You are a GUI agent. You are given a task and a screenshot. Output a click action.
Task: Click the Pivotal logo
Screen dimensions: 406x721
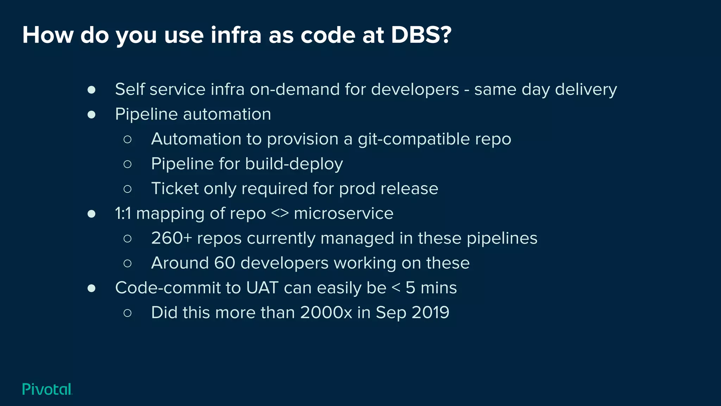tap(47, 389)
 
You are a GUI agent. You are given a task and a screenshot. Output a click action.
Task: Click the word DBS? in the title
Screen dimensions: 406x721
tap(421, 35)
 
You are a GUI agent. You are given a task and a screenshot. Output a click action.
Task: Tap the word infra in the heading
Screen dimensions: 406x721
tap(236, 35)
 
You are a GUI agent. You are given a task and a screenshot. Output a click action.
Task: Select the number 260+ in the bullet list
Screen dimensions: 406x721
tap(171, 238)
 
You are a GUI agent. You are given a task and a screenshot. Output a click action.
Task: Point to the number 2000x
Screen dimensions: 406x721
tap(326, 313)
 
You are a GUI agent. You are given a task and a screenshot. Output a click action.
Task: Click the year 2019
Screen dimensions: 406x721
tap(430, 313)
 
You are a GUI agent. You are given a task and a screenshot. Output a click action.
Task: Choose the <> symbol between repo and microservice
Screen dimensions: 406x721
tap(280, 213)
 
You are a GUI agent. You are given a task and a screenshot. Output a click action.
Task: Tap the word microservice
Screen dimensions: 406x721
tap(343, 213)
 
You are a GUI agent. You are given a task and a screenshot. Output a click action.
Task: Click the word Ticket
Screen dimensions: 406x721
tap(175, 189)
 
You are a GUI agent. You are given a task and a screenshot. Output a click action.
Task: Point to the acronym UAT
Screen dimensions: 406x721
tap(262, 288)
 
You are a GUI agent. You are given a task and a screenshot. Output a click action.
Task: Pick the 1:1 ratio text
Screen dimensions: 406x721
tap(123, 213)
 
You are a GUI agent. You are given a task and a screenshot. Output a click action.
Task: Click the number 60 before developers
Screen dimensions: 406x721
tap(225, 263)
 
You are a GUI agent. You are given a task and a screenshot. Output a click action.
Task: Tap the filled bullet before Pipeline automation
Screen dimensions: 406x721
tap(92, 115)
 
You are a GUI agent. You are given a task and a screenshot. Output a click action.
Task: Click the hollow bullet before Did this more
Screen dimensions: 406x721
tap(127, 313)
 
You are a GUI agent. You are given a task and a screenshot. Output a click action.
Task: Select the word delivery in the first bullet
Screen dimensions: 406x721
tap(586, 90)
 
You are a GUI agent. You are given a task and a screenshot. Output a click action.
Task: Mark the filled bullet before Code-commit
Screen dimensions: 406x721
tap(92, 288)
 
